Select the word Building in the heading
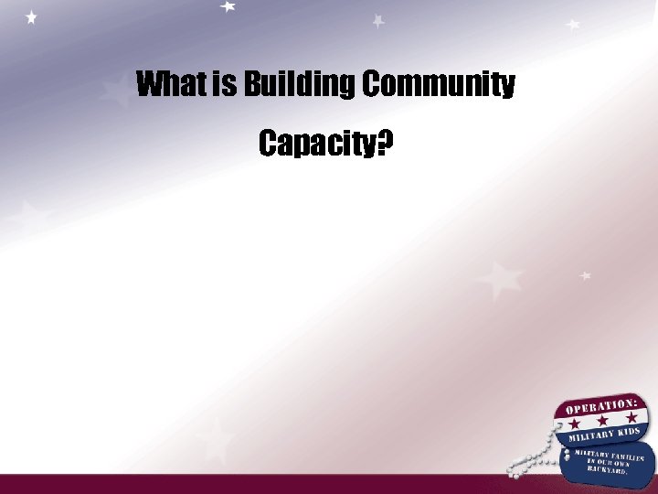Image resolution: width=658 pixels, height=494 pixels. pos(298,85)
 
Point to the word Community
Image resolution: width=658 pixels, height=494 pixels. pos(440,85)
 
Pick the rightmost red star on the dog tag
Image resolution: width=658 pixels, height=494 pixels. pos(631,416)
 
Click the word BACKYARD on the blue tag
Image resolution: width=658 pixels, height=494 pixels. pos(609,469)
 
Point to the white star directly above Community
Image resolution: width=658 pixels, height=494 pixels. pos(378,20)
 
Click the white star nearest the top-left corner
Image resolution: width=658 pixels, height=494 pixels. pos(32,17)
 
